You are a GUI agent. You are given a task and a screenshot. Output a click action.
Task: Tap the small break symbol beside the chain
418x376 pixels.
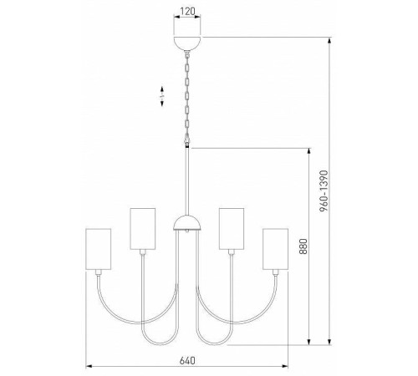[x=163, y=99]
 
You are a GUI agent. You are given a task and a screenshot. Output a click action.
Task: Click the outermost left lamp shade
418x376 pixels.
[x=99, y=249]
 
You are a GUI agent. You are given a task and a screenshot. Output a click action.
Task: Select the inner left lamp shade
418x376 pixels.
[x=143, y=226]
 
